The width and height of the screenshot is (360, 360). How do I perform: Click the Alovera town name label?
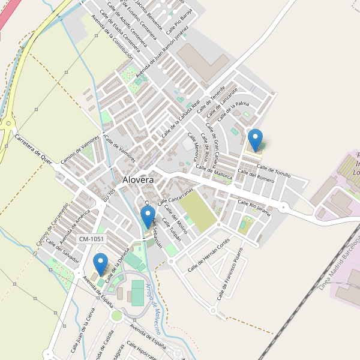[x=138, y=179]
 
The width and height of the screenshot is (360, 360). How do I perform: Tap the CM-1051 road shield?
[x=89, y=239]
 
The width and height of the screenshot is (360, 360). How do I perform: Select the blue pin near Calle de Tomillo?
[x=256, y=140]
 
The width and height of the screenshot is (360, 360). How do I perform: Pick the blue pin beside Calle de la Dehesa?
[x=101, y=264]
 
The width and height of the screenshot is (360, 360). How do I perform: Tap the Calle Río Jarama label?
[x=254, y=207]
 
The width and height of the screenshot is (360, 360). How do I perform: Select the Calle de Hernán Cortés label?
[x=208, y=256]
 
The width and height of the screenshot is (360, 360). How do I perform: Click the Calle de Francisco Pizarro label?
[x=230, y=273]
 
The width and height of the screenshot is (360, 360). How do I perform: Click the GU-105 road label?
[x=109, y=191]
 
